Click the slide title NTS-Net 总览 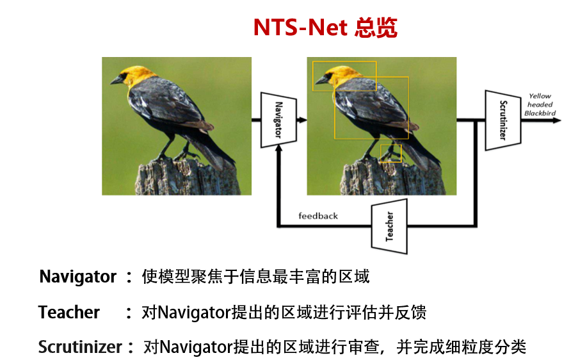click(325, 27)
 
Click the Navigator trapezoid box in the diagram click(278, 119)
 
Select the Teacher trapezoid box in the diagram click(389, 225)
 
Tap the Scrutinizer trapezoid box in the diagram click(503, 120)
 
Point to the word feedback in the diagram click(318, 216)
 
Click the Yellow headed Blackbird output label click(540, 104)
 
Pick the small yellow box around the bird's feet click(390, 153)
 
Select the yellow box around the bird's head click(344, 76)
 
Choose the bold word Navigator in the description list click(78, 277)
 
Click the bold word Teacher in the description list click(69, 312)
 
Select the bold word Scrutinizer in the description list click(80, 347)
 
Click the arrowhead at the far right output click(556, 120)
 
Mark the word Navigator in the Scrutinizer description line click(195, 347)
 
